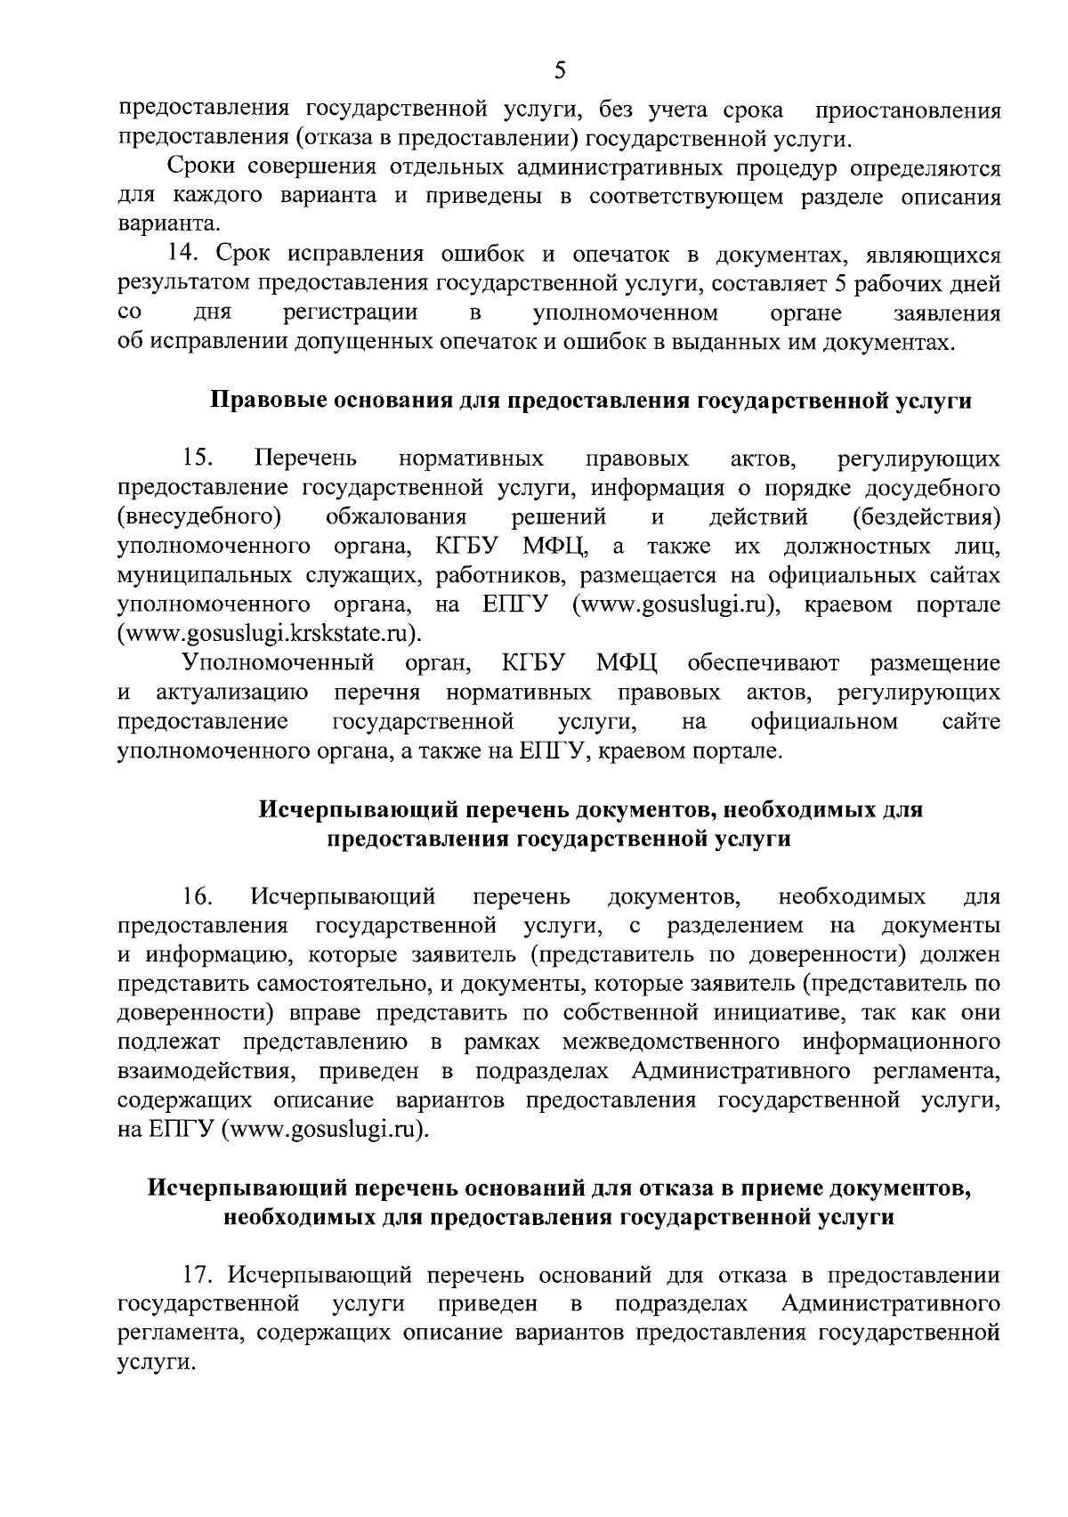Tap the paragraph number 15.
[196, 458]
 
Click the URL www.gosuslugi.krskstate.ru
[268, 634]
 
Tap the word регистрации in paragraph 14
[351, 313]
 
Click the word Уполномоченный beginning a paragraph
[276, 663]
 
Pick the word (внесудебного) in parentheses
[200, 517]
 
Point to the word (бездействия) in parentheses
[926, 517]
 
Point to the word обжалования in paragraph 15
[397, 517]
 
